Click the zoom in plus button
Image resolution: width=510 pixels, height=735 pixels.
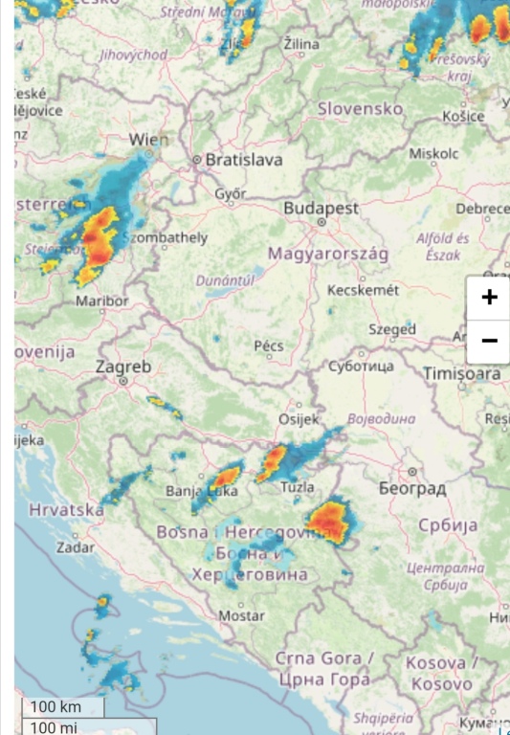(489, 297)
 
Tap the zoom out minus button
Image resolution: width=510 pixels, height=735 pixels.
(489, 341)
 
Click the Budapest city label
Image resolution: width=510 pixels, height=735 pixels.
(321, 208)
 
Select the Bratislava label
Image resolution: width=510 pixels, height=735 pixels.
(244, 160)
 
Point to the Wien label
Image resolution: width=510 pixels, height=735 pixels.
(148, 141)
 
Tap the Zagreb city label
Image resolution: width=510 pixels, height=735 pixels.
(123, 367)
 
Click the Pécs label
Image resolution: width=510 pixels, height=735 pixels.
(269, 345)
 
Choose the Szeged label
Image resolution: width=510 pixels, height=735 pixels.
(392, 329)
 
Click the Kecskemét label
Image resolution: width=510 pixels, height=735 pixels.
(363, 290)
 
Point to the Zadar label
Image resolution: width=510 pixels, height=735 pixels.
(76, 548)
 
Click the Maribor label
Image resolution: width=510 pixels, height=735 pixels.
(101, 301)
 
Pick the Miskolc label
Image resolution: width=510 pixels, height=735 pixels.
(433, 153)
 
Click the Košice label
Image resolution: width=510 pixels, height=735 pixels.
(464, 116)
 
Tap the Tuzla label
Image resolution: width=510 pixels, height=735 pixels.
(298, 487)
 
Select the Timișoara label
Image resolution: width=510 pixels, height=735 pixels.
(463, 373)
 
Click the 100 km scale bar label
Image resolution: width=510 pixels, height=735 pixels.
(55, 707)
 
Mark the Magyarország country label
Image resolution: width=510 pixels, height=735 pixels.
(327, 254)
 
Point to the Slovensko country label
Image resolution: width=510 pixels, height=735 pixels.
(361, 109)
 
